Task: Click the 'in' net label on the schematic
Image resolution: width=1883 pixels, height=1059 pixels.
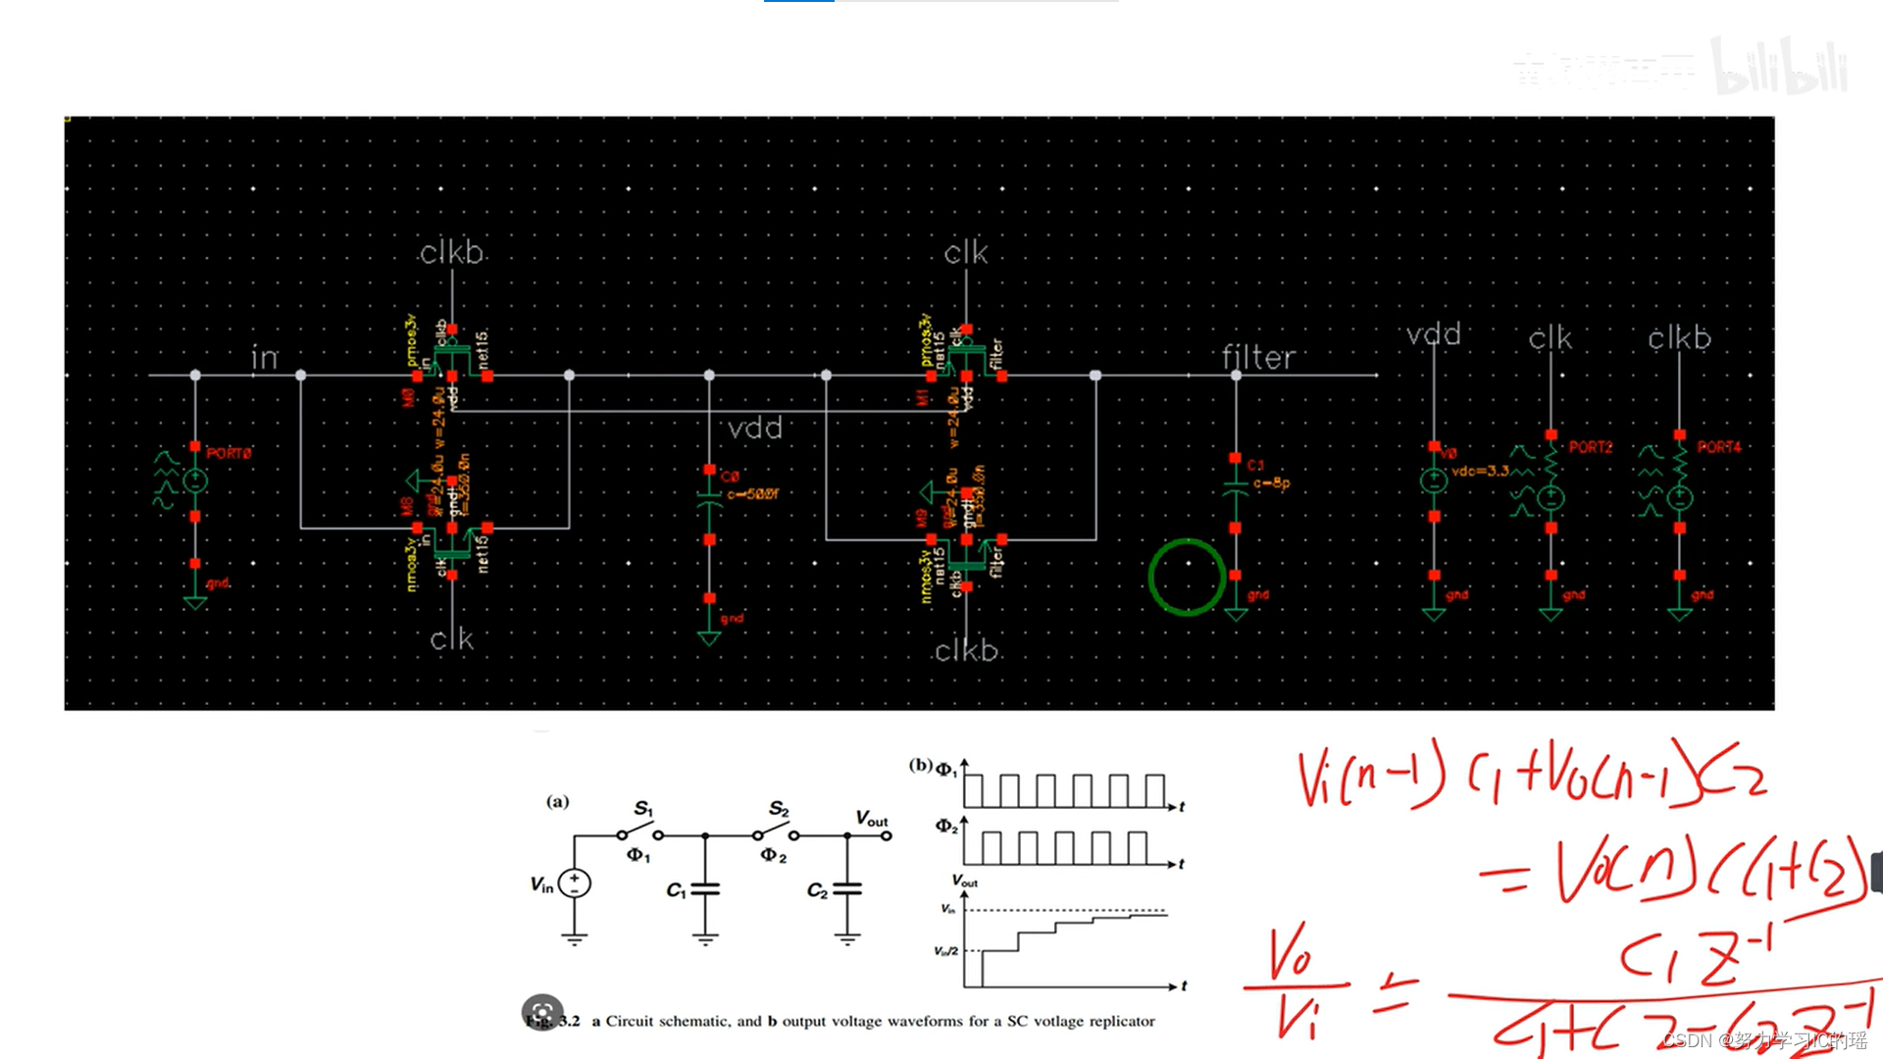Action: click(265, 358)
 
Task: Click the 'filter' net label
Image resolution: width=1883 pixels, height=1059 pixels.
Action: click(1258, 358)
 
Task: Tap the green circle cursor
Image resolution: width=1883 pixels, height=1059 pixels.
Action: click(1187, 578)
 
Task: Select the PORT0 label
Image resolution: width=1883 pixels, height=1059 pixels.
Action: click(229, 453)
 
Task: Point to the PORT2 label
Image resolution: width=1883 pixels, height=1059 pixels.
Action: click(1590, 447)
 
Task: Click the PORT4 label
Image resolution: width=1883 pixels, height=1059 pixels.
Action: click(1719, 447)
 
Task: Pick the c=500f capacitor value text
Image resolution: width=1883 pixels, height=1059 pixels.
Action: click(752, 494)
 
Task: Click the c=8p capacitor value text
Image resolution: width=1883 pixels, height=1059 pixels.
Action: click(1271, 483)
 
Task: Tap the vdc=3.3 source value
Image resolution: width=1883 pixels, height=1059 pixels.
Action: click(1480, 471)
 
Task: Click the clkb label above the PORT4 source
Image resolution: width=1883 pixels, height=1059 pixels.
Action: click(1679, 338)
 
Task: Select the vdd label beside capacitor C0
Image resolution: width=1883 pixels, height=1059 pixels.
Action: click(755, 429)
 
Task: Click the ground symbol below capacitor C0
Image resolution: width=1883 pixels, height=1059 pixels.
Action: click(709, 637)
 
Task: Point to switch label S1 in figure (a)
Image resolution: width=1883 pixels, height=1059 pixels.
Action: click(643, 808)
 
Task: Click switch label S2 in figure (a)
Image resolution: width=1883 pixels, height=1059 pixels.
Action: click(779, 808)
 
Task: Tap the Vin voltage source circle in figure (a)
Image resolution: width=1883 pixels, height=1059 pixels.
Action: click(575, 883)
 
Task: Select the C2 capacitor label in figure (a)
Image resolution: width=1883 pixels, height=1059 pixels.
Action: click(817, 890)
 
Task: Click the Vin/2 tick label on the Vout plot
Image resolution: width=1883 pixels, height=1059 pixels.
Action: click(946, 951)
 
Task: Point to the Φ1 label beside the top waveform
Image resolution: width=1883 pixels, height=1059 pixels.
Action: click(946, 770)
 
